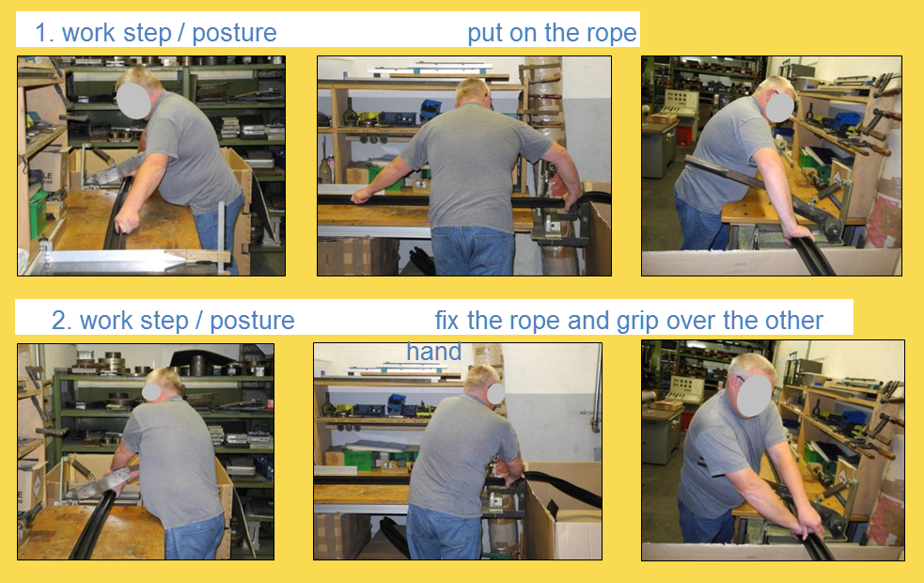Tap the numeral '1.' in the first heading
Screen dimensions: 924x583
(45, 33)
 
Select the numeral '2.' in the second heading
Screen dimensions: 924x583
(61, 321)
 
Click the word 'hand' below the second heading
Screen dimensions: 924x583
(433, 352)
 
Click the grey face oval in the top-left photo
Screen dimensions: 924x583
(133, 101)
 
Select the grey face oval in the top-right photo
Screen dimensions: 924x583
(779, 106)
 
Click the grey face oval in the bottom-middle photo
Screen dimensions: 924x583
(495, 394)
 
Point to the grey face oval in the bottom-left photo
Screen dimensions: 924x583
(151, 392)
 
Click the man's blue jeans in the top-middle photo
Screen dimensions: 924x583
(473, 250)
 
